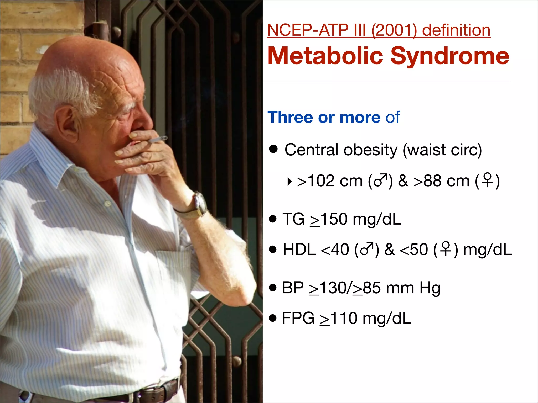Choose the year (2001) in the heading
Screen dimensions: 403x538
click(394, 30)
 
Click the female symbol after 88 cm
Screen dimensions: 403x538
click(488, 180)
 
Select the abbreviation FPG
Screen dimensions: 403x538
click(298, 318)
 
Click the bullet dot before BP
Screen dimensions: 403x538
click(273, 288)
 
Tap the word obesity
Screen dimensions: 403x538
click(370, 150)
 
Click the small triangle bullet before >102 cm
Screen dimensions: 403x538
click(289, 181)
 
